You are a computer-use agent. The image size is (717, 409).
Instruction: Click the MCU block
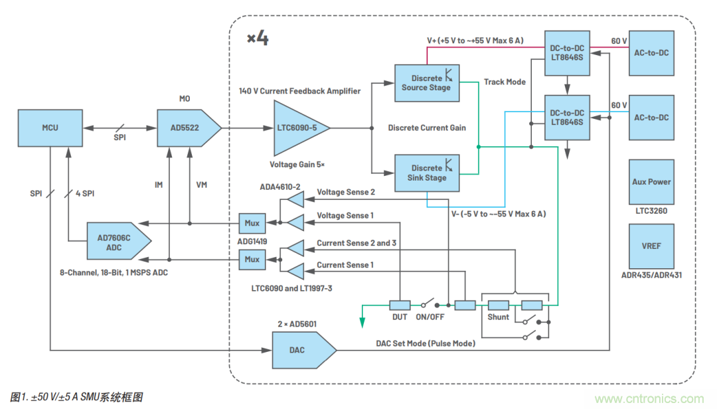[x=50, y=127]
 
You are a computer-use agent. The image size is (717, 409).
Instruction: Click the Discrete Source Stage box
[x=426, y=83]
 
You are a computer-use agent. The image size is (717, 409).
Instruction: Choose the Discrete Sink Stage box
[x=426, y=173]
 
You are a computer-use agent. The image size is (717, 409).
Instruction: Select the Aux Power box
[x=651, y=181]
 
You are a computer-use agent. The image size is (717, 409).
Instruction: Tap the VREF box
[x=651, y=246]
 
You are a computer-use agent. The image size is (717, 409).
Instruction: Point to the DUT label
[x=400, y=317]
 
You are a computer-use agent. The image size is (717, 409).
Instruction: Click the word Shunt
[x=499, y=317]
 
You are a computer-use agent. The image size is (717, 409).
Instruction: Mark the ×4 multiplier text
[x=258, y=38]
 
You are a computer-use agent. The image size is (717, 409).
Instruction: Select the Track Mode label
[x=505, y=82]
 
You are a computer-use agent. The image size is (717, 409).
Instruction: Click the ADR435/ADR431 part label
[x=651, y=275]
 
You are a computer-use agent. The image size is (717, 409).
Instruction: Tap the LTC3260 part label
[x=651, y=211]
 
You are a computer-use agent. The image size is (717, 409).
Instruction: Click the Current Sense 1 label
[x=345, y=265]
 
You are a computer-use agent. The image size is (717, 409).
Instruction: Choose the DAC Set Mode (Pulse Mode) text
[x=425, y=343]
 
